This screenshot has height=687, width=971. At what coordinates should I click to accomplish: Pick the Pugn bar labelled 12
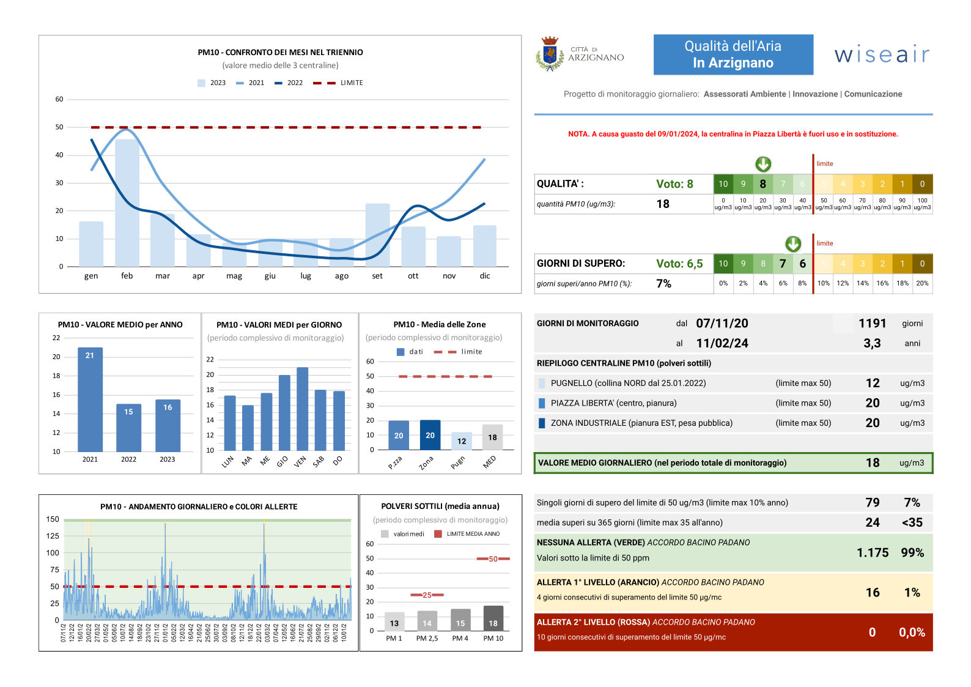click(462, 441)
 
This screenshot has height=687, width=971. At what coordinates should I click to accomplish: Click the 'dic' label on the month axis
click(485, 276)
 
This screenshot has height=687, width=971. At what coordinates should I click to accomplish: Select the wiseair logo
click(882, 54)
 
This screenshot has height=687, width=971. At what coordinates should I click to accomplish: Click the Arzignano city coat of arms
click(549, 54)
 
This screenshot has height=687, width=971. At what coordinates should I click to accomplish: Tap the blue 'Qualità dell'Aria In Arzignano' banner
click(733, 54)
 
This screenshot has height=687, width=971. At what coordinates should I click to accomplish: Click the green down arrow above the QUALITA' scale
click(763, 164)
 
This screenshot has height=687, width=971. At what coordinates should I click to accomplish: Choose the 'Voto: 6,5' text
click(679, 264)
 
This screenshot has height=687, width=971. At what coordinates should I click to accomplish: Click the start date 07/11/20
click(722, 324)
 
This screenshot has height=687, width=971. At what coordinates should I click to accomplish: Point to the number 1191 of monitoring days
click(872, 324)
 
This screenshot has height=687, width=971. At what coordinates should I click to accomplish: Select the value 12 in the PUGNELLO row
click(873, 383)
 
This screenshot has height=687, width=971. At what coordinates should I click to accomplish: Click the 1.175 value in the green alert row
click(873, 552)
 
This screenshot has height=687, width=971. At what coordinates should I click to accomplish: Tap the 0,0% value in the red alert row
click(912, 633)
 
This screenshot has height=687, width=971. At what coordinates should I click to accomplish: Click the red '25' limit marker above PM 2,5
click(427, 595)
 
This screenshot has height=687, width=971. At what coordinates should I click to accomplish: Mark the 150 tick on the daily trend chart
click(53, 519)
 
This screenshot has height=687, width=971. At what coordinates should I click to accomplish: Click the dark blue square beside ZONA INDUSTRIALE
click(542, 423)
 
